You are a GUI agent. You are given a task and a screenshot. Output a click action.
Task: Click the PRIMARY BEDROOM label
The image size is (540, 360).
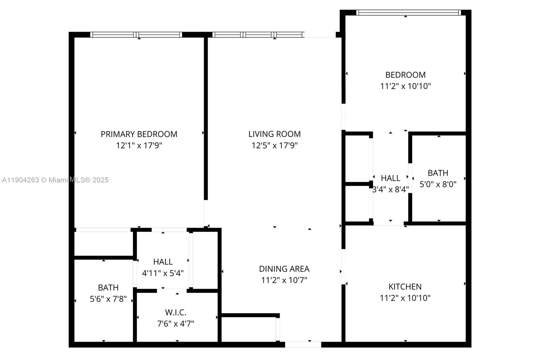click(x=139, y=134)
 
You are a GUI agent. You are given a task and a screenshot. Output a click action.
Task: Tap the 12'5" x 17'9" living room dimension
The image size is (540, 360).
click(x=274, y=146)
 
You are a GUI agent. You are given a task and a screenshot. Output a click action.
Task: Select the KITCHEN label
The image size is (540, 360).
click(x=405, y=287)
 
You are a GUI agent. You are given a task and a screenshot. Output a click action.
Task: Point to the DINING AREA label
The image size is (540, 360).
click(x=284, y=269)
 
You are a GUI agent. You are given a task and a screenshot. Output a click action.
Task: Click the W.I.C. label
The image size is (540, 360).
click(x=175, y=312)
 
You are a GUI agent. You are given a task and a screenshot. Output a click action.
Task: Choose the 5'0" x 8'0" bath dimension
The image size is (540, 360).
click(x=438, y=184)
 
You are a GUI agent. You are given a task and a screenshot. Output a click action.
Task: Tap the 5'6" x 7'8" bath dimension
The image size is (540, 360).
click(x=108, y=299)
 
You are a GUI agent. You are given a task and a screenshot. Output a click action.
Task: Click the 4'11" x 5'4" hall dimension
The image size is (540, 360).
click(x=163, y=273)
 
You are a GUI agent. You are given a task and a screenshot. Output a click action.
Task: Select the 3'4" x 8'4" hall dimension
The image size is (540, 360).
click(x=390, y=189)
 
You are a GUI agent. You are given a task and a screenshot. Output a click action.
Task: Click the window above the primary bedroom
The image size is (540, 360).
click(x=136, y=34)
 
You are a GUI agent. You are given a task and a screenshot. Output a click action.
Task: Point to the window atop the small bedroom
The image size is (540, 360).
click(x=408, y=13)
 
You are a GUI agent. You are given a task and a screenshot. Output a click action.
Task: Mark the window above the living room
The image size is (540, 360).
click(x=258, y=34)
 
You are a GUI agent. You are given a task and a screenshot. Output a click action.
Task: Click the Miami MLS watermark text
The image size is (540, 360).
click(x=55, y=180)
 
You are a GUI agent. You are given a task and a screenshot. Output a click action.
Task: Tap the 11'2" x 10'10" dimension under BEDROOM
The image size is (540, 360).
click(x=405, y=86)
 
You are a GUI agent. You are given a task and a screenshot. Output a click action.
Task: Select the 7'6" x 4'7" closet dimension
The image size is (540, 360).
click(x=175, y=324)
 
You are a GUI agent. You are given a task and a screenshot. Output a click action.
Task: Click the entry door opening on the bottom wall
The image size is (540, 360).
click(x=303, y=344)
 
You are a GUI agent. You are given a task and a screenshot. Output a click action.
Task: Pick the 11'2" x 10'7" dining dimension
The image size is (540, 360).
click(x=284, y=280)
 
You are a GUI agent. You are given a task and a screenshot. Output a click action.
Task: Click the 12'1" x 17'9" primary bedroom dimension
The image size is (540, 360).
click(x=139, y=146)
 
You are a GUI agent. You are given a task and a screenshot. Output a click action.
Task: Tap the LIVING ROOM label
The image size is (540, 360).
click(x=274, y=134)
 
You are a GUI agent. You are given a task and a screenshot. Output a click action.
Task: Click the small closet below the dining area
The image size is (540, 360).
click(x=249, y=330)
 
